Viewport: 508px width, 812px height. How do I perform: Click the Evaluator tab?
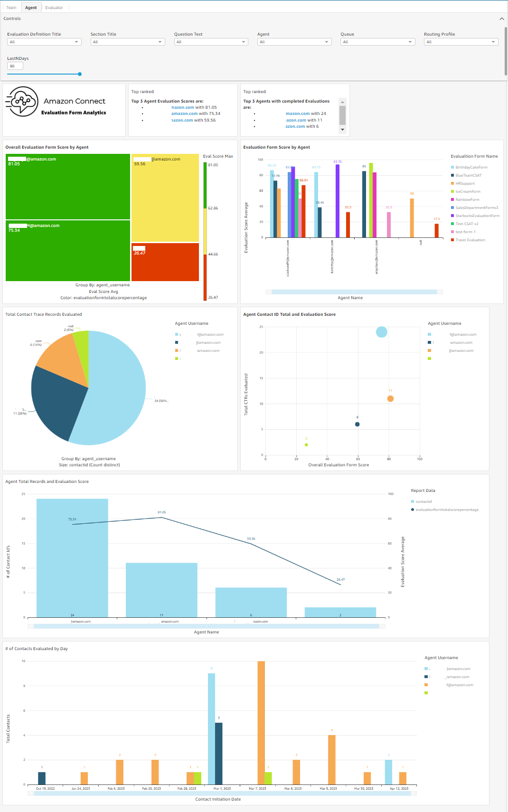[x=54, y=8]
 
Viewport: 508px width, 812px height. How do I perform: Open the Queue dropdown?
[x=378, y=42]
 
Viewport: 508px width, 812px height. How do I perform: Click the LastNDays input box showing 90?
[x=15, y=66]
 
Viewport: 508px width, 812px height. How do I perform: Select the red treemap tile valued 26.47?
[x=165, y=262]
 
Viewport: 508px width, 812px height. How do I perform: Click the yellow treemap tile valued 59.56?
[x=165, y=198]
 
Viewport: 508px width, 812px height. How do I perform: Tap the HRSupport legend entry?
[x=465, y=183]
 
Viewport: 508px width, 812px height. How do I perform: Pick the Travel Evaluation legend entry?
[x=470, y=240]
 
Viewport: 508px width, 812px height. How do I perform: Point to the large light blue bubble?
[x=381, y=332]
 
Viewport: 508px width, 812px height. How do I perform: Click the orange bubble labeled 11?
[x=390, y=398]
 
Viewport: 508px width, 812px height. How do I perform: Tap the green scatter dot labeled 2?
[x=306, y=445]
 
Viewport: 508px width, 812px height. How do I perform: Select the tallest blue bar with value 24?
[x=72, y=557]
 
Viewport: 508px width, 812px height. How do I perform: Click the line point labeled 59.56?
[x=251, y=543]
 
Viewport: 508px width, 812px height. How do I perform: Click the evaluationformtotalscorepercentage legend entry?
[x=447, y=510]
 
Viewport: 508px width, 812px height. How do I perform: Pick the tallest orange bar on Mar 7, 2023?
[x=261, y=722]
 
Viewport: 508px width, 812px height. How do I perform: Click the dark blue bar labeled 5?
[x=218, y=753]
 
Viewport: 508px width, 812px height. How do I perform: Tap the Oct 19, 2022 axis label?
[x=45, y=788]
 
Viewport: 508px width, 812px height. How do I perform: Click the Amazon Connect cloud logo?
[x=22, y=101]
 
